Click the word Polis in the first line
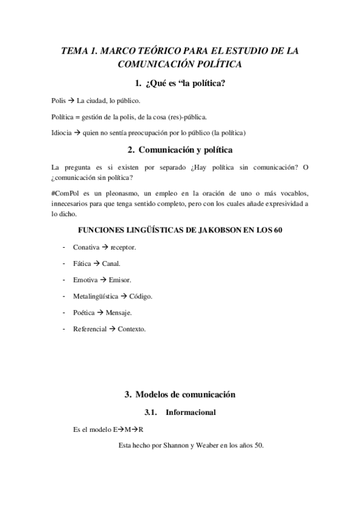59,100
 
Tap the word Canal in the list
111,263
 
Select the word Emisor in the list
120,280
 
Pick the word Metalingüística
96,296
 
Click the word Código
141,296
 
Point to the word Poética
85,312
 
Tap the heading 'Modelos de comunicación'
185,395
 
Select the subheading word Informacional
191,413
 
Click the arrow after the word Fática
96,263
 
